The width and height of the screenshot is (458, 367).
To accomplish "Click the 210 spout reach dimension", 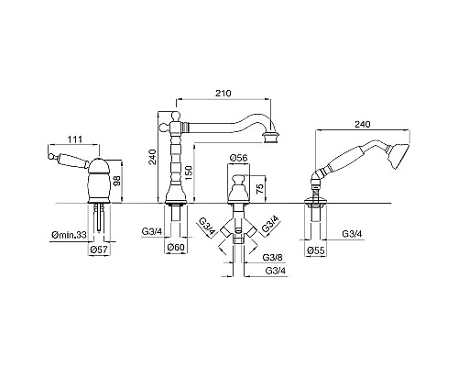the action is pos(224,93).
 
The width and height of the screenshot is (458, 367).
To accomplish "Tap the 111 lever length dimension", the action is pos(75,139).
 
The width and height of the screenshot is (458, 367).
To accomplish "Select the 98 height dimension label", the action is pos(117,183).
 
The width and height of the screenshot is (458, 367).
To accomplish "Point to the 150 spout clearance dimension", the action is pos(189,172).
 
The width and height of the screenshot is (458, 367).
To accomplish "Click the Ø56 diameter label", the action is pos(238,158).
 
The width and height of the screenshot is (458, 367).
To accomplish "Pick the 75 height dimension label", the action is pos(259,189).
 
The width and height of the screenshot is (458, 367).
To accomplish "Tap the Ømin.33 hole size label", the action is pos(69,235).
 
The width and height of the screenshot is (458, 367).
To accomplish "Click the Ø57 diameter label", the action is pos(99,250).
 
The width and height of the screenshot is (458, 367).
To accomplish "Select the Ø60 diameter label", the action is pos(176,247).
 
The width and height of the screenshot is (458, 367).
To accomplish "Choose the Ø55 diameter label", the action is pos(316,251).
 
